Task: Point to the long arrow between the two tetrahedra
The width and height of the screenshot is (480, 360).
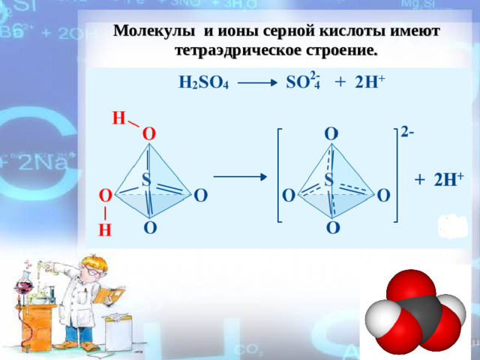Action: pyautogui.click(x=239, y=178)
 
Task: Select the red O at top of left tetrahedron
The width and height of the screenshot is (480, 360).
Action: pyautogui.click(x=149, y=133)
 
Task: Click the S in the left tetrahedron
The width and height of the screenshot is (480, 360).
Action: pyautogui.click(x=145, y=179)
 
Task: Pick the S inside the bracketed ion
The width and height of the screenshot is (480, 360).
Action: pyautogui.click(x=328, y=179)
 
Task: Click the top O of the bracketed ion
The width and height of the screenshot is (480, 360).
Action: pyautogui.click(x=331, y=133)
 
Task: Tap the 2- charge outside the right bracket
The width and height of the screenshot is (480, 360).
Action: pyautogui.click(x=407, y=132)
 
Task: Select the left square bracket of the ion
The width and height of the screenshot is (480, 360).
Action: pyautogui.click(x=278, y=176)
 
